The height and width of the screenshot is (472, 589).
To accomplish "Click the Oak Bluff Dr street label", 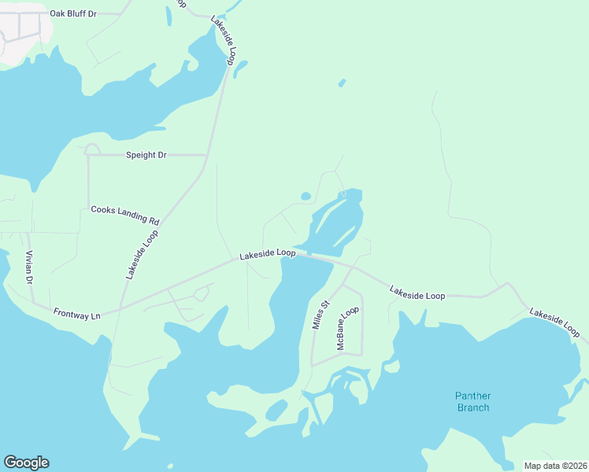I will point(72,13).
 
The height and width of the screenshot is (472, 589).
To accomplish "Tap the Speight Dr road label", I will point(146,155).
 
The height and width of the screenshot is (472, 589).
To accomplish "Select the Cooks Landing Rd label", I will point(125,210).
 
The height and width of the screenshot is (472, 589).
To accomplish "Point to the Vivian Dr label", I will point(29,267).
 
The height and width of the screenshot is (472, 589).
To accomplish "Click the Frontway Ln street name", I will point(77,314).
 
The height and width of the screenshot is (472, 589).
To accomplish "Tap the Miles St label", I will point(320,315).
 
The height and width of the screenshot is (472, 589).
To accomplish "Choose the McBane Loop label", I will point(347,328).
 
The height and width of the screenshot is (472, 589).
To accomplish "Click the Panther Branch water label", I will point(472,401).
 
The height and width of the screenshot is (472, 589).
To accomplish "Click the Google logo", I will point(26,463).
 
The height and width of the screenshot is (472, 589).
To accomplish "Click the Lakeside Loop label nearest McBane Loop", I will point(417,293).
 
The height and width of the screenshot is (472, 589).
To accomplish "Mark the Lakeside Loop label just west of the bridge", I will point(267,254).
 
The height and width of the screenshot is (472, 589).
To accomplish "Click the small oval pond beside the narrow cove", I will point(306,196).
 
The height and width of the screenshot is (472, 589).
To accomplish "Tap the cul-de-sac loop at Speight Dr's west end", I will point(92,149).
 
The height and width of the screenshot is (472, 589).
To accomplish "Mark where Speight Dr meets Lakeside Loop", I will point(207,155).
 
